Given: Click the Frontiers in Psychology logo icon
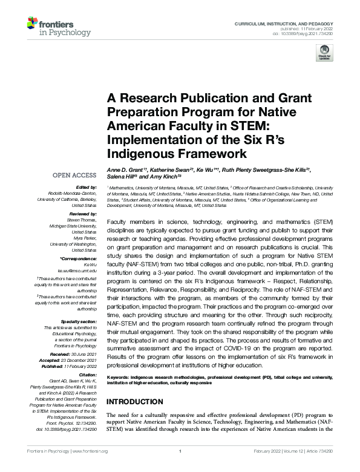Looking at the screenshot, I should click(33, 25).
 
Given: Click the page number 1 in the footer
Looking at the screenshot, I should click(180, 451).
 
